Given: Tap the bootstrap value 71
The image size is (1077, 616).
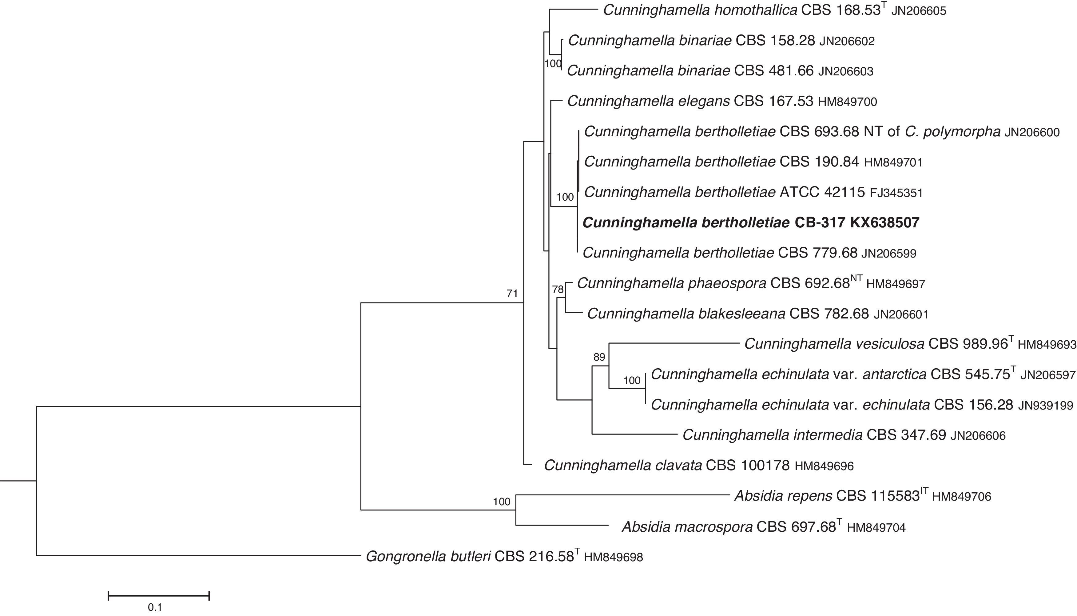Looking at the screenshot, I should (512, 294).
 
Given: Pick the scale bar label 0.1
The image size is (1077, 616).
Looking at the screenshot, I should (155, 607).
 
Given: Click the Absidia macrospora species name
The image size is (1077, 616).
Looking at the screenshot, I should (687, 527).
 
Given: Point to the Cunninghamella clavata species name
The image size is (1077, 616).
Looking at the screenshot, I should (623, 465).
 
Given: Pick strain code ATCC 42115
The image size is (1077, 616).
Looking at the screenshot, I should (822, 193).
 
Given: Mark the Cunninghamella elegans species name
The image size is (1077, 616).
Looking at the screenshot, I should (648, 101).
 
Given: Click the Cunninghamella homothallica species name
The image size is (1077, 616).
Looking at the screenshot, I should (700, 10).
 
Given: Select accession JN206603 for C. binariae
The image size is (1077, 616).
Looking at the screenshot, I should (846, 71).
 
